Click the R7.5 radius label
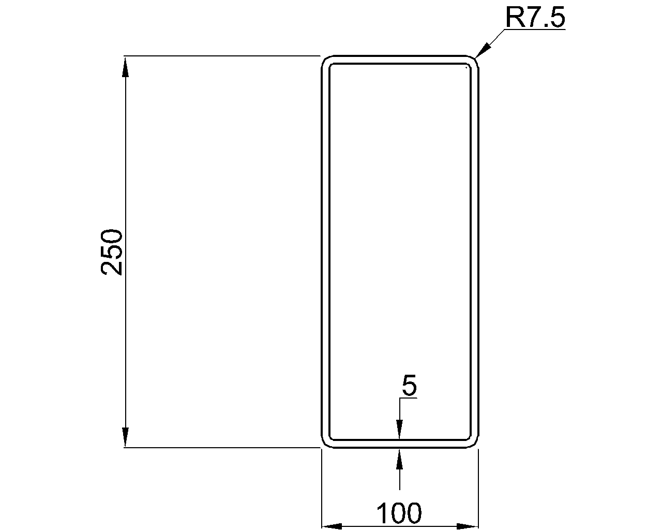tap(535, 18)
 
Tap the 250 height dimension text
tap(112, 252)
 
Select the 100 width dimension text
tap(399, 513)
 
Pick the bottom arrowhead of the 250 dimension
tap(125, 437)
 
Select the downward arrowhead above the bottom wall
tap(399, 430)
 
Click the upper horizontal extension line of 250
tap(222, 55)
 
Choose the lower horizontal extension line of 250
tap(222, 448)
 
